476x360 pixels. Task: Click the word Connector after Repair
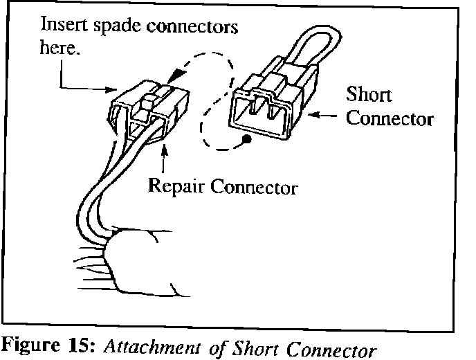point(254,187)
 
